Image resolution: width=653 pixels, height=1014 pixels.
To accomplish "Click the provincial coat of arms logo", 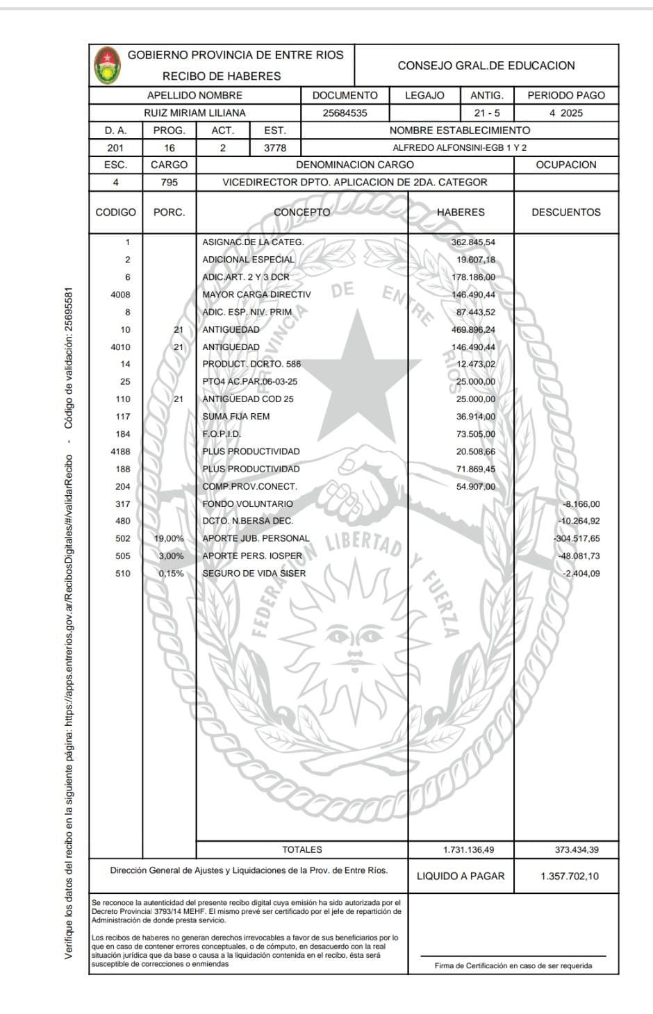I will (107, 65).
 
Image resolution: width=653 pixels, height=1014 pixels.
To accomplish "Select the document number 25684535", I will (345, 113).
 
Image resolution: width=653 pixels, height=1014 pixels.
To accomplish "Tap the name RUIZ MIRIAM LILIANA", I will (195, 113).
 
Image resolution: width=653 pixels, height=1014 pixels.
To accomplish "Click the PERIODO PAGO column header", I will (565, 95).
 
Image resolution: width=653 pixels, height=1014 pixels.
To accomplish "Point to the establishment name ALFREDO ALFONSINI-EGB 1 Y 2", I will (459, 148).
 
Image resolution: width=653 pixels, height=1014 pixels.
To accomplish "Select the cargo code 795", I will (169, 182).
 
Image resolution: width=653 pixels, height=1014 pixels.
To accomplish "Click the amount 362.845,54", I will (473, 242).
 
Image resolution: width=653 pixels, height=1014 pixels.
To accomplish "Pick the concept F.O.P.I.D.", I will (222, 434).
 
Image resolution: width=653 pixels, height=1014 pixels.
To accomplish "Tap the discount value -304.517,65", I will (577, 538).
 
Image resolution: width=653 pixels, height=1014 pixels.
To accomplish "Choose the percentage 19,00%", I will (170, 538).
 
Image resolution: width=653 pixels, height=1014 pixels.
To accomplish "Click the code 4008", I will (120, 294).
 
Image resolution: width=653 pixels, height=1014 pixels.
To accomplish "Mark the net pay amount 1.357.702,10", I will (569, 876).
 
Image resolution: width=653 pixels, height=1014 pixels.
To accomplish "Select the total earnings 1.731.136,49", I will (468, 849).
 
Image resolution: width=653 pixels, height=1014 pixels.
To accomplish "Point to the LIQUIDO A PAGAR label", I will (461, 876).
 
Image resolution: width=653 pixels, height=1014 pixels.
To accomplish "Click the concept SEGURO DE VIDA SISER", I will (254, 574).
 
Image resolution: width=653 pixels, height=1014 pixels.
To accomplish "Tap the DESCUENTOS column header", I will (565, 213).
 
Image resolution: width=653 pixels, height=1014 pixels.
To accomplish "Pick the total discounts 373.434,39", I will (576, 849).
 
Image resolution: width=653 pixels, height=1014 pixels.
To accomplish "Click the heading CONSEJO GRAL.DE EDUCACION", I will (486, 65).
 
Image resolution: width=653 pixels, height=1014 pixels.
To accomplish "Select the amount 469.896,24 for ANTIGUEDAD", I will (473, 330).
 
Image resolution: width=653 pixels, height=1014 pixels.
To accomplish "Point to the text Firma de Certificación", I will (513, 965).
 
